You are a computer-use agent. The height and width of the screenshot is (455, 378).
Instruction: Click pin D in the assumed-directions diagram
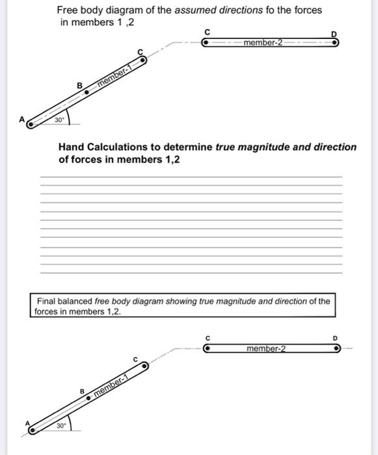[335, 42]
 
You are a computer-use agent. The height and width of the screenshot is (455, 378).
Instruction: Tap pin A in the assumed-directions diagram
[30, 122]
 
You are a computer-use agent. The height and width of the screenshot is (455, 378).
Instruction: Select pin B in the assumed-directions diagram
[87, 92]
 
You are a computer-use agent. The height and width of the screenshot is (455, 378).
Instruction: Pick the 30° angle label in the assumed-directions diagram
[59, 120]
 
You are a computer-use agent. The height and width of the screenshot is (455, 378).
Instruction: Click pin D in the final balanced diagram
[336, 348]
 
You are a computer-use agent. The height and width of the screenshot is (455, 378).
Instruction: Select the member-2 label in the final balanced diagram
[266, 348]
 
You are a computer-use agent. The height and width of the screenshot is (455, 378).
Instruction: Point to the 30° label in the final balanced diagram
[61, 426]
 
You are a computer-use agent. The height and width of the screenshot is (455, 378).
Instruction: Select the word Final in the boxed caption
[47, 301]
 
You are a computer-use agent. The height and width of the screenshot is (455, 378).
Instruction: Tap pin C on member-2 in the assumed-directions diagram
[206, 42]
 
